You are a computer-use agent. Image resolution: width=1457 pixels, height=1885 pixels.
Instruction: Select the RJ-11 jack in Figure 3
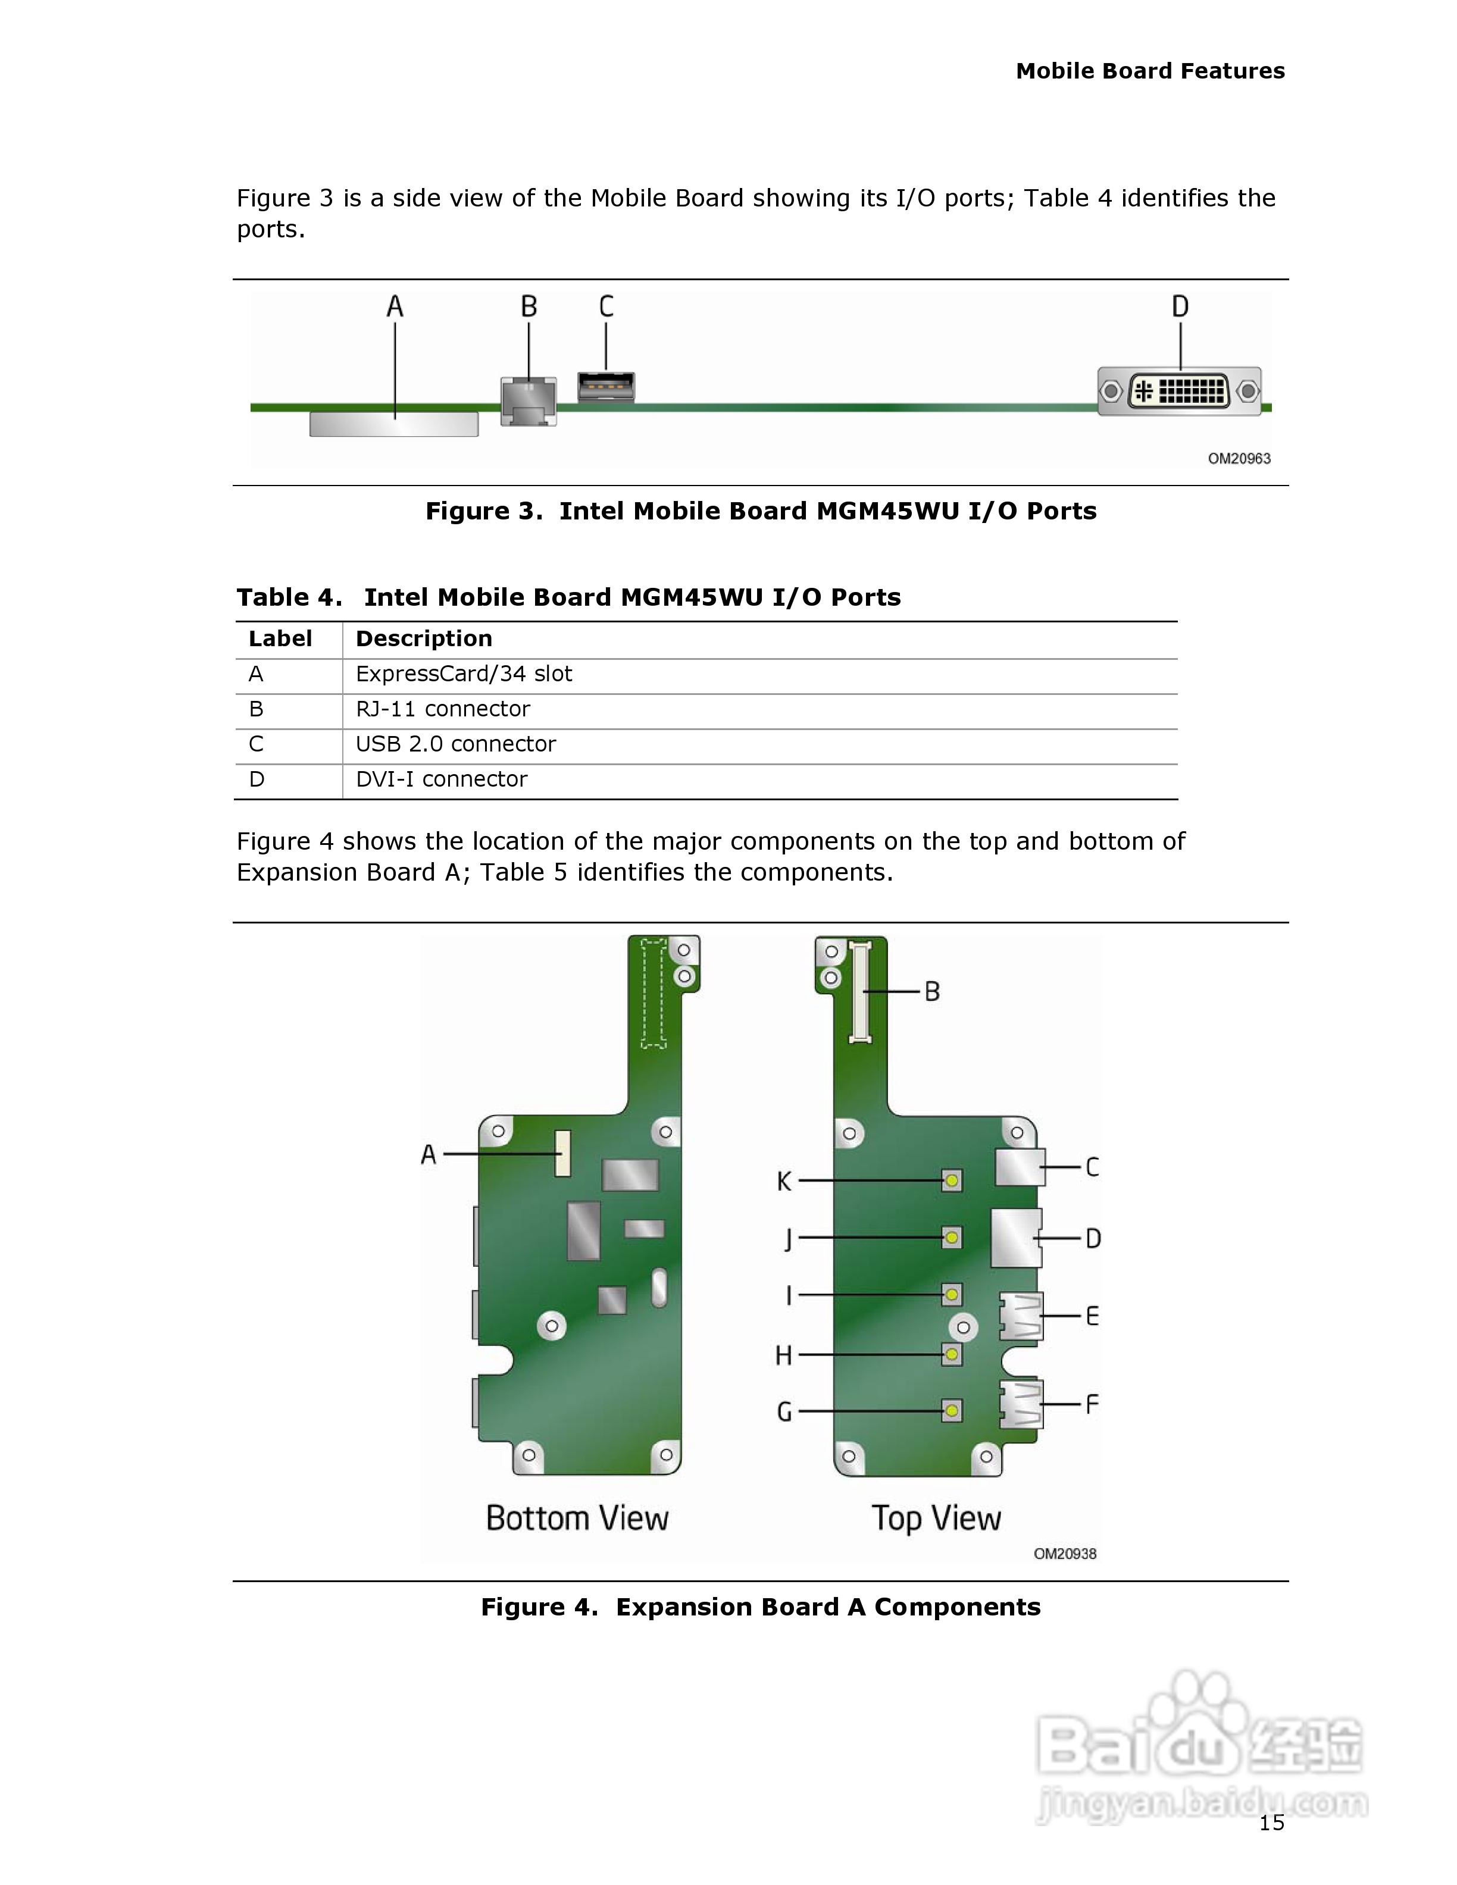click(x=529, y=402)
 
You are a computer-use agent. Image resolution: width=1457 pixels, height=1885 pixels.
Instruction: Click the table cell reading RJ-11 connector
click(x=443, y=709)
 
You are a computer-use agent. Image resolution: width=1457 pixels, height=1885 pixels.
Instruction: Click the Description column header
click(x=424, y=638)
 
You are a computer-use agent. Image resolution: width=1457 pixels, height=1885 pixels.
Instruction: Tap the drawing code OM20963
click(x=1239, y=458)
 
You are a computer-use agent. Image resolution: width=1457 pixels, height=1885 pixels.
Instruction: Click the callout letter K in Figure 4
click(x=784, y=1181)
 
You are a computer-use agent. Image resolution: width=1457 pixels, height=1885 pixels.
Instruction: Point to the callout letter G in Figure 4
click(x=784, y=1411)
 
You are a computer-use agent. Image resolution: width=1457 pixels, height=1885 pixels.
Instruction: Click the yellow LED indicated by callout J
click(x=951, y=1238)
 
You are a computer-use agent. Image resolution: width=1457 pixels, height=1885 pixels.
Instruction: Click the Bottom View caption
click(x=577, y=1517)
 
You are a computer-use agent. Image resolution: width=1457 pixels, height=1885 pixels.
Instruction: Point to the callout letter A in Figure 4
click(x=428, y=1154)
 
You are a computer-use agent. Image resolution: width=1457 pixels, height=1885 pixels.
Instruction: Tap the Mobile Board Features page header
click(x=1150, y=71)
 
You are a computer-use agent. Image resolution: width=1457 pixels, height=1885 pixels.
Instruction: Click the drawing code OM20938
click(x=1064, y=1554)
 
